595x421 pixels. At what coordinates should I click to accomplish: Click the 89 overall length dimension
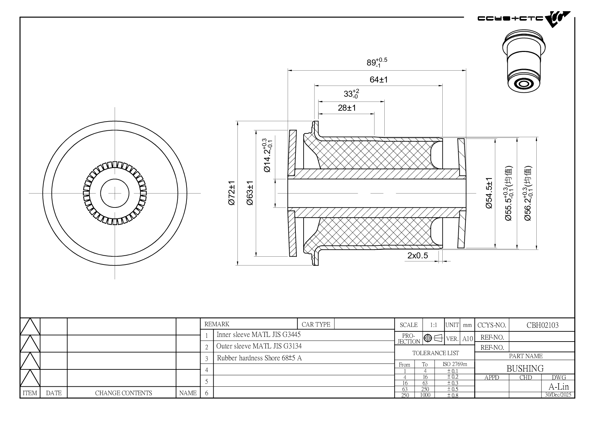(376, 62)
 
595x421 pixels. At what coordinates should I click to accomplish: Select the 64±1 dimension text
(379, 80)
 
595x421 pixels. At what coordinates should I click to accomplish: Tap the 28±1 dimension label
(347, 108)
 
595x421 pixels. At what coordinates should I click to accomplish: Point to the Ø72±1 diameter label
(232, 193)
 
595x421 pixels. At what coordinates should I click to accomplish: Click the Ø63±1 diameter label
(250, 193)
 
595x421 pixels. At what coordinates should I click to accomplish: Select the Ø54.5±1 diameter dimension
(489, 193)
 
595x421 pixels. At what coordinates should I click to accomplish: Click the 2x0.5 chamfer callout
(418, 256)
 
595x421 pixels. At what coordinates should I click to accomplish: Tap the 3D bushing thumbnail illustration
(523, 61)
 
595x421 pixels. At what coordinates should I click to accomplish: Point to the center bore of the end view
(115, 193)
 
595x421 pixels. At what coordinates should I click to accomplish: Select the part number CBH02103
(542, 325)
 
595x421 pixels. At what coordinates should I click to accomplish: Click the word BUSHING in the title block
(525, 368)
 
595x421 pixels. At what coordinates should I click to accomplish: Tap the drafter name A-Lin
(558, 387)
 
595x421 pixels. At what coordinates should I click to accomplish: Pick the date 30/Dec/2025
(558, 395)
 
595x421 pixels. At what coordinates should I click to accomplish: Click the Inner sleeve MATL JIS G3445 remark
(258, 335)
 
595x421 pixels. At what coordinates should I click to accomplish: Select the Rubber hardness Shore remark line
(259, 358)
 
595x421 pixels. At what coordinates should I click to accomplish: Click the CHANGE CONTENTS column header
(123, 393)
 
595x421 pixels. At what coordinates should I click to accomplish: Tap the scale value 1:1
(433, 325)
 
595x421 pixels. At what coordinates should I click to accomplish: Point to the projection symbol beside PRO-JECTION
(433, 338)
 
